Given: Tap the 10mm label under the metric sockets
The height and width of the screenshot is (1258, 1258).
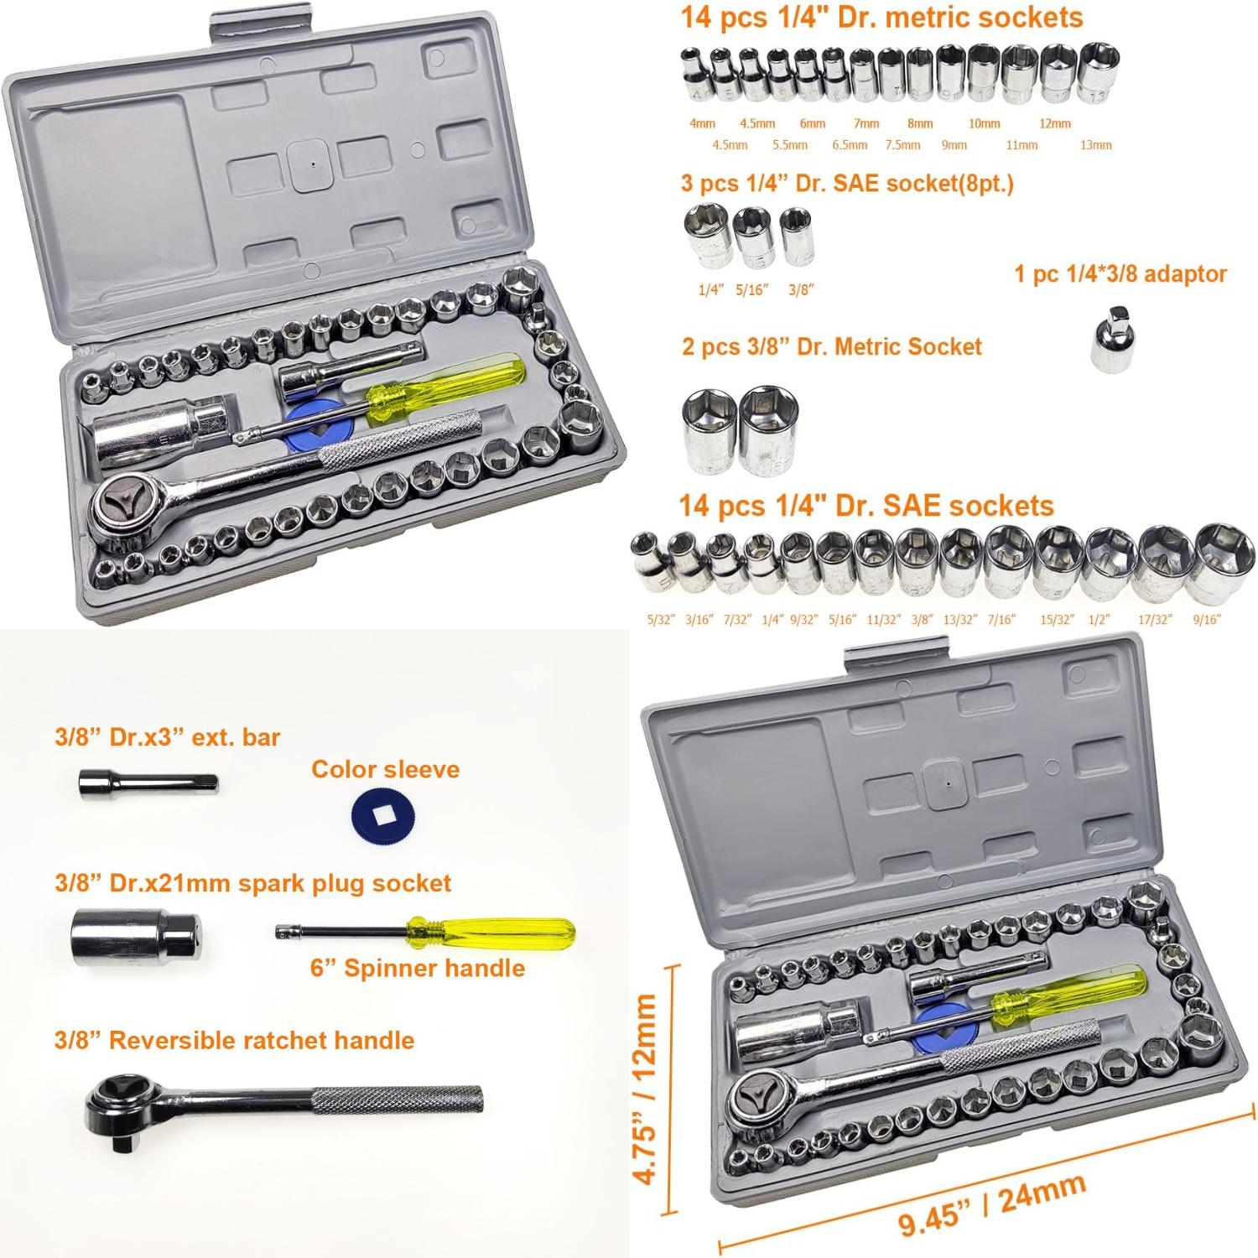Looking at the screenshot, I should click(984, 123).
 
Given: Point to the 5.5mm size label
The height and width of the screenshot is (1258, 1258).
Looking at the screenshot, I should click(790, 145).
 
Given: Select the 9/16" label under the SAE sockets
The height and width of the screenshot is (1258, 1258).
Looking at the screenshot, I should click(1206, 620).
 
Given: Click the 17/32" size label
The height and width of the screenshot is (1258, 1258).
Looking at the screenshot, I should click(1154, 620).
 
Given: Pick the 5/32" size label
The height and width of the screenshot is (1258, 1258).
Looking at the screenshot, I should click(661, 620).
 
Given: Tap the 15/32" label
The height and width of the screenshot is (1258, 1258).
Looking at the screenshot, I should click(1056, 620).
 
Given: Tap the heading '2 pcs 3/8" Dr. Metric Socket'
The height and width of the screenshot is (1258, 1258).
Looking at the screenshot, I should click(831, 347).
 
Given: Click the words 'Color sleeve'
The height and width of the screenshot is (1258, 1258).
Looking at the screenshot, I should click(385, 769).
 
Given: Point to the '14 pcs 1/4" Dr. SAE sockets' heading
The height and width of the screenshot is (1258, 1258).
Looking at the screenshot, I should click(866, 506).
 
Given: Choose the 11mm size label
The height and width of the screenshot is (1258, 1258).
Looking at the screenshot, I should click(1021, 145).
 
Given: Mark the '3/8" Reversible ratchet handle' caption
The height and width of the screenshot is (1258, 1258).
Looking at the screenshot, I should click(234, 1041).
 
